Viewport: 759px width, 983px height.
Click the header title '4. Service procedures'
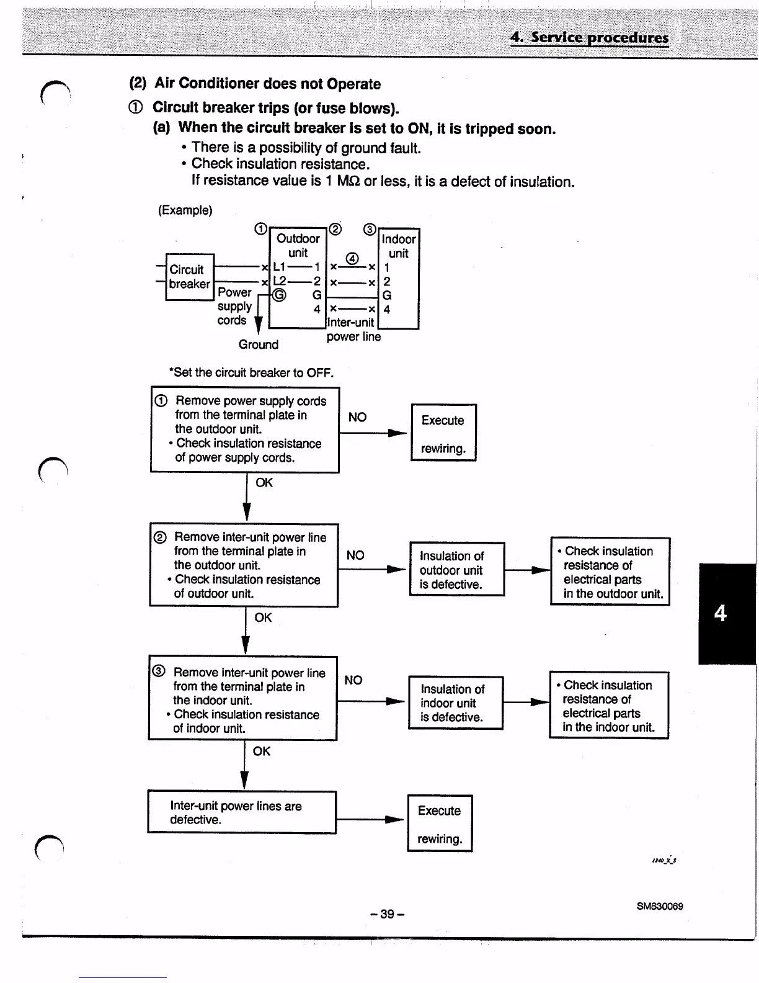(x=589, y=37)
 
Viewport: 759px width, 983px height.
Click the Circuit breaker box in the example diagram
(x=190, y=277)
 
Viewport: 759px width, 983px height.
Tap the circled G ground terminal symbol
(x=280, y=295)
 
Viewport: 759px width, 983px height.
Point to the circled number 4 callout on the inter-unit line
(x=352, y=258)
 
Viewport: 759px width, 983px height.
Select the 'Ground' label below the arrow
(x=259, y=344)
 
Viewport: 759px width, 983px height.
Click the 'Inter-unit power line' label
(x=353, y=330)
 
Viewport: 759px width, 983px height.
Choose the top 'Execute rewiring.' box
(x=443, y=433)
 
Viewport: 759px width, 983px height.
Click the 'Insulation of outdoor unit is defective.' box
(x=457, y=569)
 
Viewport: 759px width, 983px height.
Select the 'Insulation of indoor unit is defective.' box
(x=456, y=702)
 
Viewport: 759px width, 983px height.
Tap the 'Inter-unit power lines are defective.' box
(x=242, y=812)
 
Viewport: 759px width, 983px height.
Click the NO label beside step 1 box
(x=357, y=417)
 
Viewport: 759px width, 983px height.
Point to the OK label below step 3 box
(x=262, y=751)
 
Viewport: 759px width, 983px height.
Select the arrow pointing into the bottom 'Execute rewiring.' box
(x=372, y=820)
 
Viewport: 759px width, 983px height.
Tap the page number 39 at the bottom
(x=387, y=914)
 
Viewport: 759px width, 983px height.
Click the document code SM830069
(x=660, y=906)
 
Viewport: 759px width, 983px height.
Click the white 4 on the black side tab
(x=720, y=613)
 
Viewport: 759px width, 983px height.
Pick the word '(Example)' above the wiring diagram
(x=185, y=210)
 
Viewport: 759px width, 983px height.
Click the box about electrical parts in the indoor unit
(x=609, y=705)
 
